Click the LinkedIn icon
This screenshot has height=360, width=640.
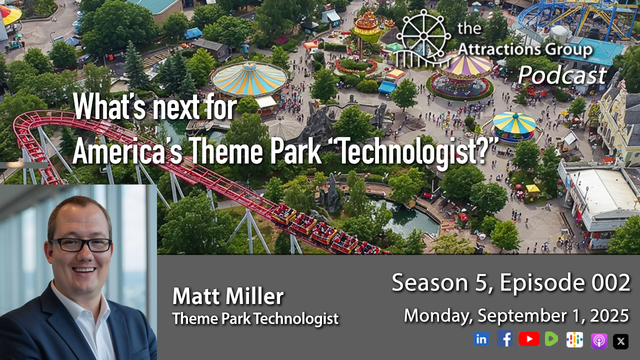(481, 339)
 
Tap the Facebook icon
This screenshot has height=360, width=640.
(504, 338)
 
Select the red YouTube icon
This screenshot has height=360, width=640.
(529, 339)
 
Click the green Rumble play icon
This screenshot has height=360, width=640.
(551, 339)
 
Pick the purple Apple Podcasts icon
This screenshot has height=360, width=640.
(599, 341)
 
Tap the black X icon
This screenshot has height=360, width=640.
(620, 341)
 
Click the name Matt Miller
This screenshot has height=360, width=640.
(228, 296)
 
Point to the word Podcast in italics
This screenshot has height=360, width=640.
(561, 75)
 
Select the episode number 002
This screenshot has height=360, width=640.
(610, 282)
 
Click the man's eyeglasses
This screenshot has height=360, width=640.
(81, 245)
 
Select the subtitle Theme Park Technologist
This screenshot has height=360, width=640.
(255, 318)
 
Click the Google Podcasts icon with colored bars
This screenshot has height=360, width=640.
(574, 339)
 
